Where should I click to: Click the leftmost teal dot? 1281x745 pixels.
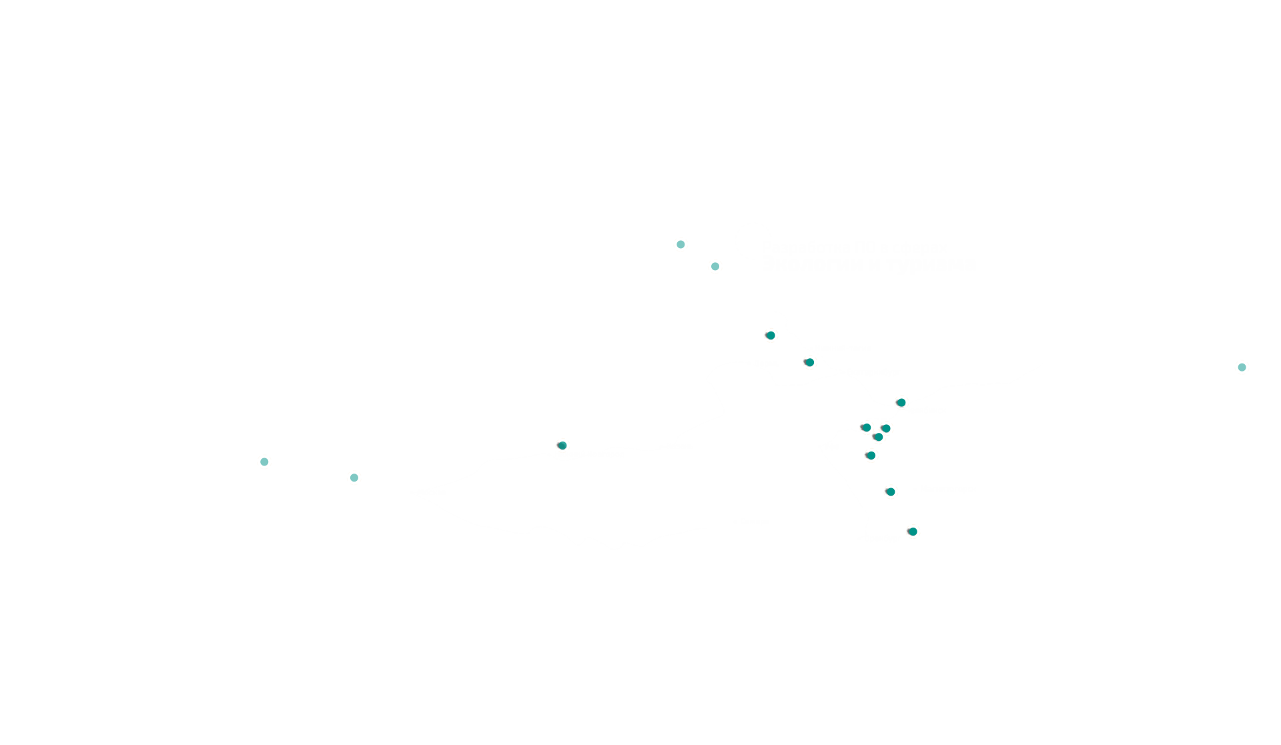coord(264,462)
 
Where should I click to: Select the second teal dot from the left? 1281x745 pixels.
coord(354,478)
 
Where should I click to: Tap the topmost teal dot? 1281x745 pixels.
coord(681,244)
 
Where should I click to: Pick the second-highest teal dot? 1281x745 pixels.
coord(715,266)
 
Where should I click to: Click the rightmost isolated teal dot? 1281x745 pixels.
coord(1242,367)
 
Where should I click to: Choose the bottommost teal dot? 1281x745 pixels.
coord(913,532)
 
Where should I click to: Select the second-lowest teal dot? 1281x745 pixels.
coord(891,492)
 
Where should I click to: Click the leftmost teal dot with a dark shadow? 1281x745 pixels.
coord(562,446)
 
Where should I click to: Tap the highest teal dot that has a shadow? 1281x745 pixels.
coord(771,335)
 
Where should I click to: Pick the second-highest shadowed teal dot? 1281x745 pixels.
coord(810,362)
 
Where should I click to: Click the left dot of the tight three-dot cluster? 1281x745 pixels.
coord(867,428)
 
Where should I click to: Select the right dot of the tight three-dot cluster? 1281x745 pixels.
coord(887,428)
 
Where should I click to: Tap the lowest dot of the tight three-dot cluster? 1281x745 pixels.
coord(879,437)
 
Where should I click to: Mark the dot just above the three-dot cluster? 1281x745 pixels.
coord(901,402)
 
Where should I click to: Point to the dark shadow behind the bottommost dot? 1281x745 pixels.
coord(908,532)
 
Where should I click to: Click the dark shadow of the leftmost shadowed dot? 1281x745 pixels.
coord(558,445)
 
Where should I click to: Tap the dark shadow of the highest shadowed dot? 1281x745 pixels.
coord(766,335)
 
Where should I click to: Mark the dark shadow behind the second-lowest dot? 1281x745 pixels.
coord(886,492)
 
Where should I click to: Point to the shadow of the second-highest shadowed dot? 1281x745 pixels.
coord(805,362)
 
